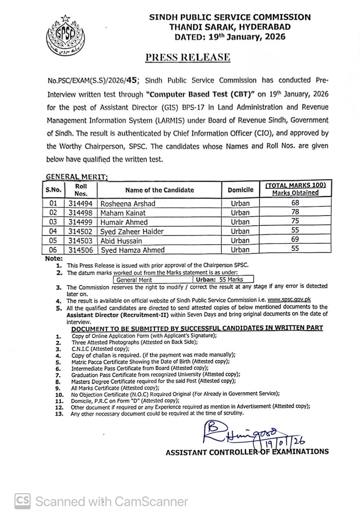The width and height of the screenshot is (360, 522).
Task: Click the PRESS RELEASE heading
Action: [x=188, y=57]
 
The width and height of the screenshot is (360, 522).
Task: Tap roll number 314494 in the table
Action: [x=81, y=203]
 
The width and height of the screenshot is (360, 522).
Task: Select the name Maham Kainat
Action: [x=123, y=212]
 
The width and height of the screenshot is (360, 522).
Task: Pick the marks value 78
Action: [x=295, y=212]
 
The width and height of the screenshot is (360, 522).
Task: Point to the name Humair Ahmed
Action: [x=124, y=222]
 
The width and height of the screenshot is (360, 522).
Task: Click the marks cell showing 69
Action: [x=295, y=240]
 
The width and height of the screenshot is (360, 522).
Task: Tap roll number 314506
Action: [x=81, y=250]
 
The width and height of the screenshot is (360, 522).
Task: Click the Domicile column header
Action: [x=240, y=190]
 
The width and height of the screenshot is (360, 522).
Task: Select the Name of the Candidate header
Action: [x=159, y=190]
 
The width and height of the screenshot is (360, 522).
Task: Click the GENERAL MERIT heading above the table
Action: [x=77, y=177]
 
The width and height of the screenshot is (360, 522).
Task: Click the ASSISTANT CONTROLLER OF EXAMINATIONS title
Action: [x=247, y=452]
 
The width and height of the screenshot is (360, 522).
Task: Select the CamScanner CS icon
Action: [x=23, y=501]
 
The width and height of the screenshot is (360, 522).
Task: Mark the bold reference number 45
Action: [x=133, y=80]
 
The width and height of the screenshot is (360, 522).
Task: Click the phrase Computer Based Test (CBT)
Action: [x=200, y=94]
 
